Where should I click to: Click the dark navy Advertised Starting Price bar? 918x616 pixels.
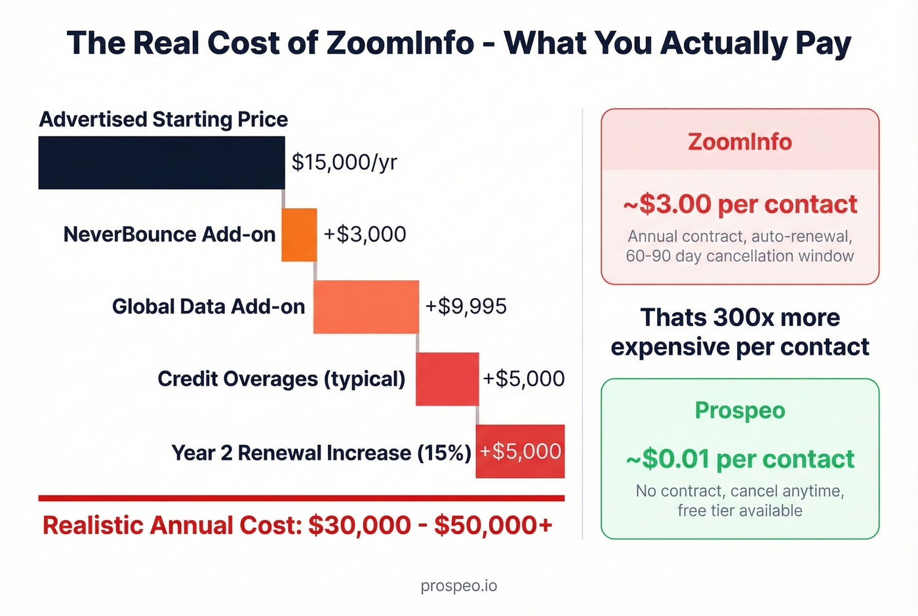pos(161,163)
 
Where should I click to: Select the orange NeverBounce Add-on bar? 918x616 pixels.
pos(299,235)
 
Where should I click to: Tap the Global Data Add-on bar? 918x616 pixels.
pos(366,307)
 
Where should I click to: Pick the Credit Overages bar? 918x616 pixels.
pos(447,379)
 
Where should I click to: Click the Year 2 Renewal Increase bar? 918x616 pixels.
pos(520,451)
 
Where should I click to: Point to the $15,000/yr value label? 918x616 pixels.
pos(344,162)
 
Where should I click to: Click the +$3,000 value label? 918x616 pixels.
pos(365,234)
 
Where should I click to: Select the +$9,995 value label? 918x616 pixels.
pos(466,306)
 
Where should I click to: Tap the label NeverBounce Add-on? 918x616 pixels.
pos(169,234)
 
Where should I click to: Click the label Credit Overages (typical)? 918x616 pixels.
pos(281,379)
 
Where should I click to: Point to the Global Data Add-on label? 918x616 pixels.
pos(209,306)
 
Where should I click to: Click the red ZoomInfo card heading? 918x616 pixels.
pos(740,142)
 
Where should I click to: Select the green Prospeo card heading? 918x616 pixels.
pos(740,411)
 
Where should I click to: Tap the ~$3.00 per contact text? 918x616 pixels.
pos(740,205)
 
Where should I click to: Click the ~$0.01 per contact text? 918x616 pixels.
pos(740,459)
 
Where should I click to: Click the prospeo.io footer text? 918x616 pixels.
pos(459,585)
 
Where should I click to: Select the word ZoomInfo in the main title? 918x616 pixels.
pos(400,43)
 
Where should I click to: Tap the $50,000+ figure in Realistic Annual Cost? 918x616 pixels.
pos(493,525)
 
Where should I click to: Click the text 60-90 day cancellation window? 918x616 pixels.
pos(740,256)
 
